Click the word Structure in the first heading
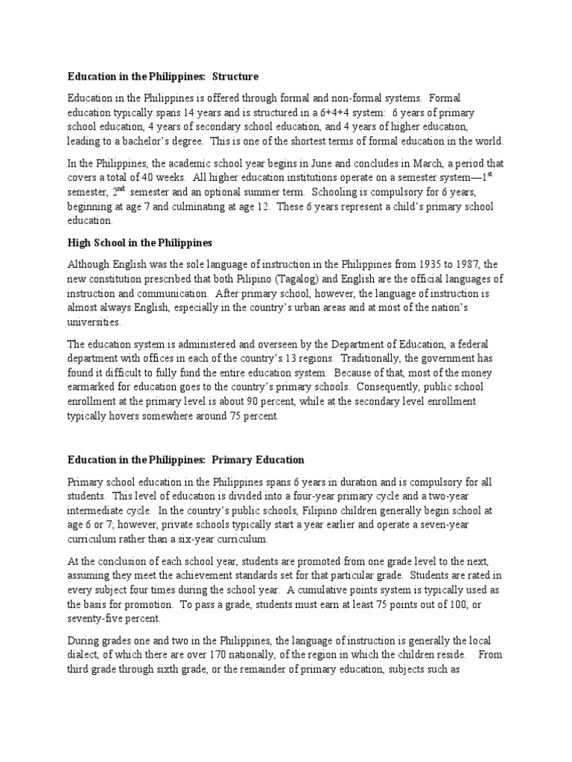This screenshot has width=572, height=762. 235,76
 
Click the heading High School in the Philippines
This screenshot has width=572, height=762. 140,243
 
